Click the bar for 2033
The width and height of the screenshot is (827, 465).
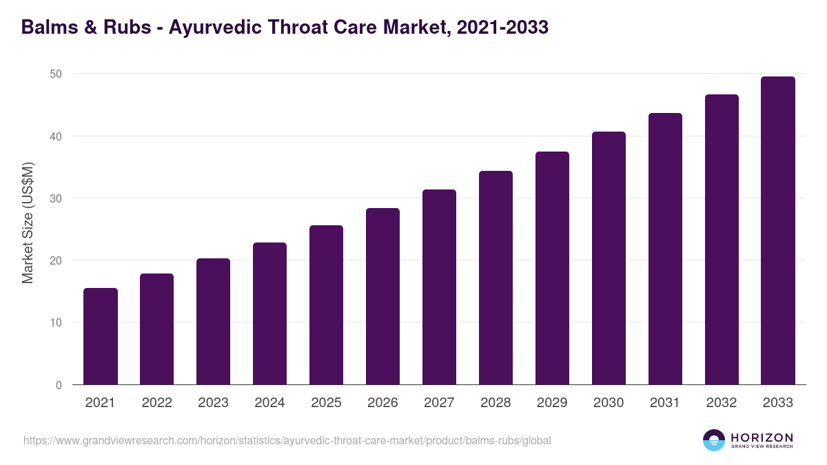point(778,231)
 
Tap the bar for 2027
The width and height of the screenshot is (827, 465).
point(439,287)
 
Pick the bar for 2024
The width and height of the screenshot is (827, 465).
point(269,313)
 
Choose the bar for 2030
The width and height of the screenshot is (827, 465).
point(609,258)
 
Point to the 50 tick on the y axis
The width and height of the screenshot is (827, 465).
point(56,74)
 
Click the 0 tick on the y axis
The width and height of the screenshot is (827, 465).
point(59,385)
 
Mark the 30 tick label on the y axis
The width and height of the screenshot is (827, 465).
point(56,198)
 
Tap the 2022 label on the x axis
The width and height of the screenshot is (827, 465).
point(156,403)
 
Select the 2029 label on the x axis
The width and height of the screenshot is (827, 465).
point(552,403)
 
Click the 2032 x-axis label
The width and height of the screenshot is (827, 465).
point(722,403)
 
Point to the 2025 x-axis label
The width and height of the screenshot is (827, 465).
point(326,403)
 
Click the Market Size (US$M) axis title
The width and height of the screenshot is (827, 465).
point(28,223)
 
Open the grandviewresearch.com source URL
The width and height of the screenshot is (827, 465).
point(287,440)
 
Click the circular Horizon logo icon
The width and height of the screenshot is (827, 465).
point(714,440)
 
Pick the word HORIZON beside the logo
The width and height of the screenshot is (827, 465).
point(762,437)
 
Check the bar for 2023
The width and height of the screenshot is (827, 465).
point(213,322)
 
